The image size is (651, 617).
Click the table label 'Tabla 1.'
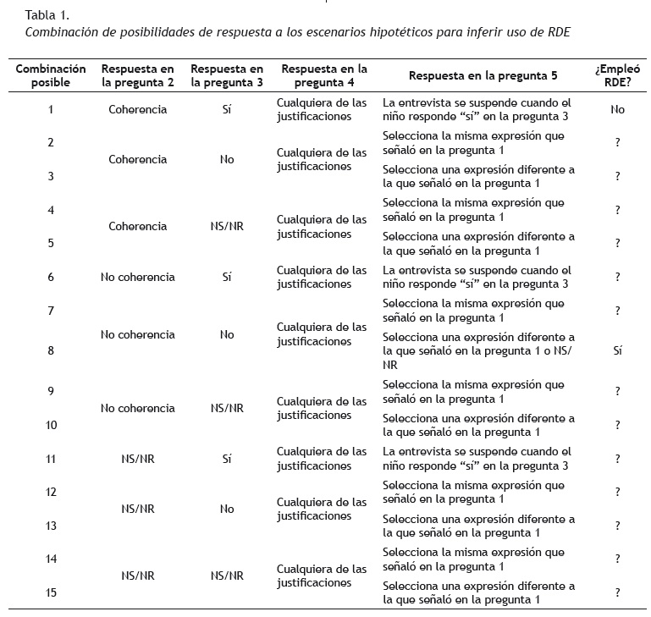pos(47,14)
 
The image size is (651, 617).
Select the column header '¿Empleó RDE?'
pos(617,75)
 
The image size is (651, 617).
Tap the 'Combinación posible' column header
pos(51,75)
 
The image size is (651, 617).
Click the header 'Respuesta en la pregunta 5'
pos(483,75)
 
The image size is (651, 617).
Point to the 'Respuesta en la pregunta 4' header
pos(325,75)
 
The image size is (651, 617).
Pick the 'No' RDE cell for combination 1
pos(617,109)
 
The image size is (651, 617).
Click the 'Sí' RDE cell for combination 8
pos(617,350)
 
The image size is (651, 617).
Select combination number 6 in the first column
pos(51,277)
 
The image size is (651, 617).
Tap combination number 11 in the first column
pos(51,459)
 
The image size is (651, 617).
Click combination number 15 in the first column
pos(51,592)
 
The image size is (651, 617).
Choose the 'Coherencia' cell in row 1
pos(138,109)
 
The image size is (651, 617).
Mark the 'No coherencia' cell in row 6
pos(138,277)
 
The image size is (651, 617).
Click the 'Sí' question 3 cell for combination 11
pos(227,459)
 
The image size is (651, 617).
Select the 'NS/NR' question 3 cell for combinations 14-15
pos(227,576)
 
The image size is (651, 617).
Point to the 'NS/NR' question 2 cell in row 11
pos(138,459)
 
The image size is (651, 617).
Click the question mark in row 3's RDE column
pos(617,176)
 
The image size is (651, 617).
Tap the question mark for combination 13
pos(617,526)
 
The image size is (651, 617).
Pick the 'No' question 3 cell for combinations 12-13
pos(227,509)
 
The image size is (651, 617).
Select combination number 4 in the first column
pos(51,210)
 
